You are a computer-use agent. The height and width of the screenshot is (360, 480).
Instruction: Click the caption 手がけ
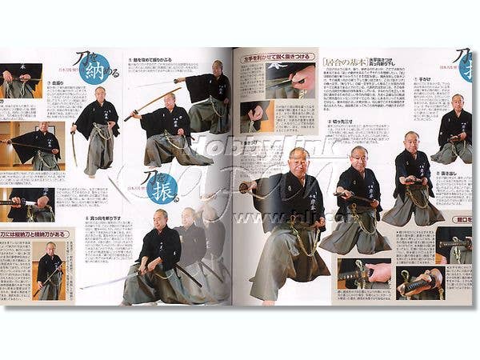click(x=422, y=79)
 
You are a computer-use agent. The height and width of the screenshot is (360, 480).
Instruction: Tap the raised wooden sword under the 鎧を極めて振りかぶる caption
click(x=148, y=103)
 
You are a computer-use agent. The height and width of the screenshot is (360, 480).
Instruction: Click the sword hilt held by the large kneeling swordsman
click(x=247, y=187)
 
